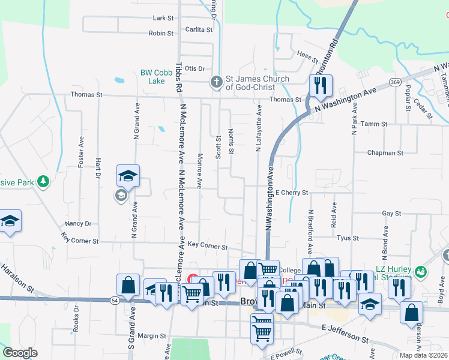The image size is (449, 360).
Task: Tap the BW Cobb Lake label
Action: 152,77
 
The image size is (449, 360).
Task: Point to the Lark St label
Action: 163,19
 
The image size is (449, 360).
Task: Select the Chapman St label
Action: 385,153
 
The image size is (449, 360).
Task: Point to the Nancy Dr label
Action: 79,223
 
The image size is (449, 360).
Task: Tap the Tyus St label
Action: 348,238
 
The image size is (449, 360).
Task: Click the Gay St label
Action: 391,213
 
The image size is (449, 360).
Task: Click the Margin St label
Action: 151,336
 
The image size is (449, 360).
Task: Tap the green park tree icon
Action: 42,181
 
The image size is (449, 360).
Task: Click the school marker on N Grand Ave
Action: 128,175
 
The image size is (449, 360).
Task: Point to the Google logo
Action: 20,353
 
